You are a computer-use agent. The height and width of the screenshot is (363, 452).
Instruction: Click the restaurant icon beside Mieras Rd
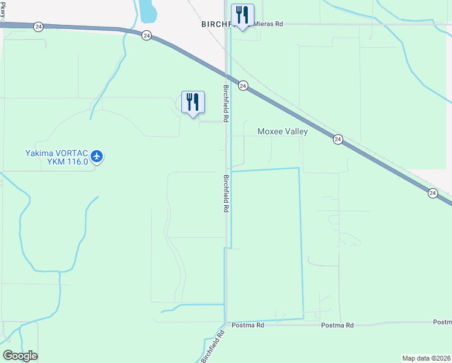pos(242,15)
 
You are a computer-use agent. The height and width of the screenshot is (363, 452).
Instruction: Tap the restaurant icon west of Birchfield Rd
pos(193,102)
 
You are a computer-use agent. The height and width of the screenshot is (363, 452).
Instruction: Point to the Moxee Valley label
pos(282,131)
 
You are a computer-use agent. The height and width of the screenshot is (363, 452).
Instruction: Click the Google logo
pos(20,355)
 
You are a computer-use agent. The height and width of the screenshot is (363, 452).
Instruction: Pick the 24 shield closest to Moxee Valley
pos(338,139)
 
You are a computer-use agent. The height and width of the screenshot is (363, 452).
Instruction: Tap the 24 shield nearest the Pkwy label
pos(39,27)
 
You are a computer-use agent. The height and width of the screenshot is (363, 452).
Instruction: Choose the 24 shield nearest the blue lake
pos(147,36)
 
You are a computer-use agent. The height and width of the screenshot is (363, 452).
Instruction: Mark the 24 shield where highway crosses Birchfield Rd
pos(242,86)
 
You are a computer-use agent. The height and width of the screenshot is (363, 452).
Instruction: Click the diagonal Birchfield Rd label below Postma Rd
pos(213,346)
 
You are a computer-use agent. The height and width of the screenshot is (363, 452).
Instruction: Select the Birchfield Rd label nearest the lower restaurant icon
pos(225,103)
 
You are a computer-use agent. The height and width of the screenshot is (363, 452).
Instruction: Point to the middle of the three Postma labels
pos(337,325)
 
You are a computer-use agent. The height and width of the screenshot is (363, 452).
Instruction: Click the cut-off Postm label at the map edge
pos(442,322)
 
